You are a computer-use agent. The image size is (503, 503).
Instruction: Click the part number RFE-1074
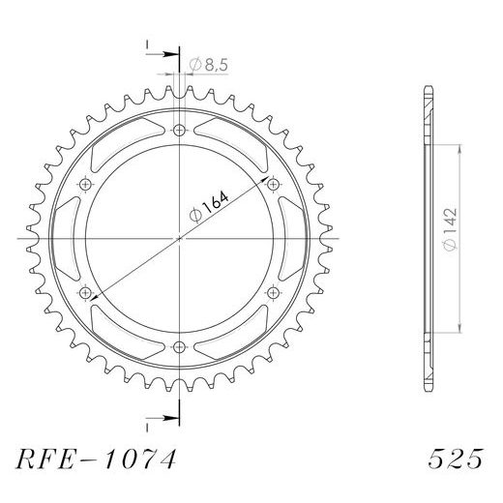coord(96,459)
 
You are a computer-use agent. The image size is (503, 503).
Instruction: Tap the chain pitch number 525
coord(456,459)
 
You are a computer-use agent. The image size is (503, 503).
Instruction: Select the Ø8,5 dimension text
coord(209,65)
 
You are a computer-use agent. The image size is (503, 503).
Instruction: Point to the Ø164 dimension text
coord(209,207)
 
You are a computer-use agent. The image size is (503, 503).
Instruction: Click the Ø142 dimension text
coord(451,229)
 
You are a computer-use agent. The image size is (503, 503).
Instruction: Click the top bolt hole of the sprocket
coord(179,131)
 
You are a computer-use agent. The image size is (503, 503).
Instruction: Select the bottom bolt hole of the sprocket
coord(179,347)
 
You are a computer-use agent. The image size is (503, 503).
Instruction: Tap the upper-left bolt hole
coord(85,185)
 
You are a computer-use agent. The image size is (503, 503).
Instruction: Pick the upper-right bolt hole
coord(273,185)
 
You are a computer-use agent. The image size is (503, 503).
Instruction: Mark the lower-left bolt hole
coord(85,293)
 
